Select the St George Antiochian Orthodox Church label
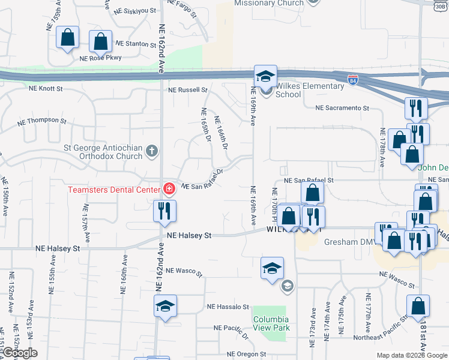103,151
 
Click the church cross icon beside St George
152,150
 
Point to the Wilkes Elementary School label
288,90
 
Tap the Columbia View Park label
271,323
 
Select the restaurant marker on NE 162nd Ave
162,211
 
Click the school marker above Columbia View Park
272,268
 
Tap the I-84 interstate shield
354,79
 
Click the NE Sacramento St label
342,107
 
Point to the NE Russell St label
187,90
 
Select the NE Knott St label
46,88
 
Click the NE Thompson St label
41,120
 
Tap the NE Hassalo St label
228,306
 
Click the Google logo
20,353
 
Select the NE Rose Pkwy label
100,59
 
